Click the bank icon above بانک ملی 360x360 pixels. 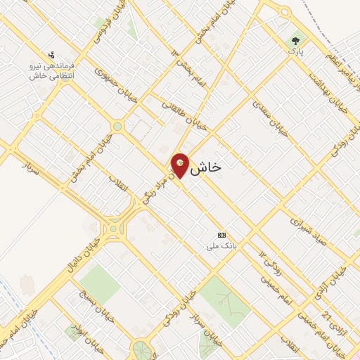point(222,235)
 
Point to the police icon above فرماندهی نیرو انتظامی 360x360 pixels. point(51,54)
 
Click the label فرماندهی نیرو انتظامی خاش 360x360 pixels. point(53,69)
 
